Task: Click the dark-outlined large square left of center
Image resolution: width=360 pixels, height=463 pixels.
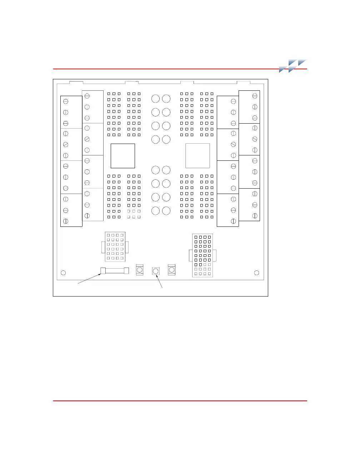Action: [x=123, y=156]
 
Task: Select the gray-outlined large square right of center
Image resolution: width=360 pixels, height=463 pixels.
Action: [x=197, y=156]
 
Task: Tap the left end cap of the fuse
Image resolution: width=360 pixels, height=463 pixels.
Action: [x=103, y=271]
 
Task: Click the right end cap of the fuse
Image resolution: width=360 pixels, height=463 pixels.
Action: [x=126, y=271]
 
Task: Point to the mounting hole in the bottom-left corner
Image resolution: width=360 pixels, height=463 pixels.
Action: [x=63, y=273]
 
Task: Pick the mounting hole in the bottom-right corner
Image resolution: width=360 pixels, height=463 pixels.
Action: [x=256, y=273]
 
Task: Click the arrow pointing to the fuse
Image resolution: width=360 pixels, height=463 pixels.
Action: [x=89, y=279]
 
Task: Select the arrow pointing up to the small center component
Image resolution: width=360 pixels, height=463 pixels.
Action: [x=159, y=281]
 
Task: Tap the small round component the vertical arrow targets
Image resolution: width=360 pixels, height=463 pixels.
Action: [x=155, y=272]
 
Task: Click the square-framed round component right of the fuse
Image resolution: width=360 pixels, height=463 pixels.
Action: [x=140, y=270]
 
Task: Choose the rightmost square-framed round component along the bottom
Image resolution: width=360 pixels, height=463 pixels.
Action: [x=172, y=270]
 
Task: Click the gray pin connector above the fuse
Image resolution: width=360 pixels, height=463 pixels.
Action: [x=115, y=247]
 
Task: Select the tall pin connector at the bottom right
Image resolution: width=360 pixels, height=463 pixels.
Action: [x=202, y=256]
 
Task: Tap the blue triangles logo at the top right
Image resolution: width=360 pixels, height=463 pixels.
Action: [x=292, y=66]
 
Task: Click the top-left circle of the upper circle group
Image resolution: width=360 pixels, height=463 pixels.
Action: [x=155, y=99]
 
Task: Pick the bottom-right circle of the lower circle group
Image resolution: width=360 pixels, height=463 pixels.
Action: [x=166, y=211]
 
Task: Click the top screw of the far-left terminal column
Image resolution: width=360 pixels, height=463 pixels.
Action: [x=66, y=101]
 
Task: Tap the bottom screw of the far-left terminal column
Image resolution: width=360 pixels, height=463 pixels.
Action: [x=66, y=221]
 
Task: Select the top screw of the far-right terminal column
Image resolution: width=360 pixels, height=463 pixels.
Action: [x=255, y=96]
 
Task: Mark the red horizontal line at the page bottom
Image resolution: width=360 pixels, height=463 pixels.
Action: [x=180, y=401]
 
